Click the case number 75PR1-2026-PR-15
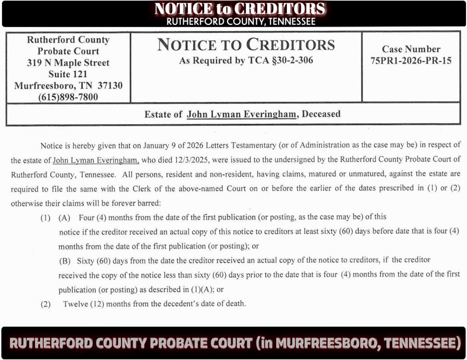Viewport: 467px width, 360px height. [x=411, y=61]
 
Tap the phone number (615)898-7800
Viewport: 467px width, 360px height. [x=68, y=97]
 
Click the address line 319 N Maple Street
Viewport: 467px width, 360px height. [x=68, y=62]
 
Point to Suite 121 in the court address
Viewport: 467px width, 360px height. [x=68, y=74]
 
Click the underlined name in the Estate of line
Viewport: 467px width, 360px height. [x=242, y=115]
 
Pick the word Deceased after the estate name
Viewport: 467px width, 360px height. [x=321, y=114]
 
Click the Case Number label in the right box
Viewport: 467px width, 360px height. [x=411, y=49]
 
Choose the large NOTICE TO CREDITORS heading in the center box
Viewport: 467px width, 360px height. [x=246, y=45]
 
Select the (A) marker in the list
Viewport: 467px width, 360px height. [x=64, y=217]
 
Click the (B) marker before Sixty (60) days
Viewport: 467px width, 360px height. [x=64, y=261]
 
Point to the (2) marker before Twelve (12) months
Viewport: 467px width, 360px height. [x=45, y=304]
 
